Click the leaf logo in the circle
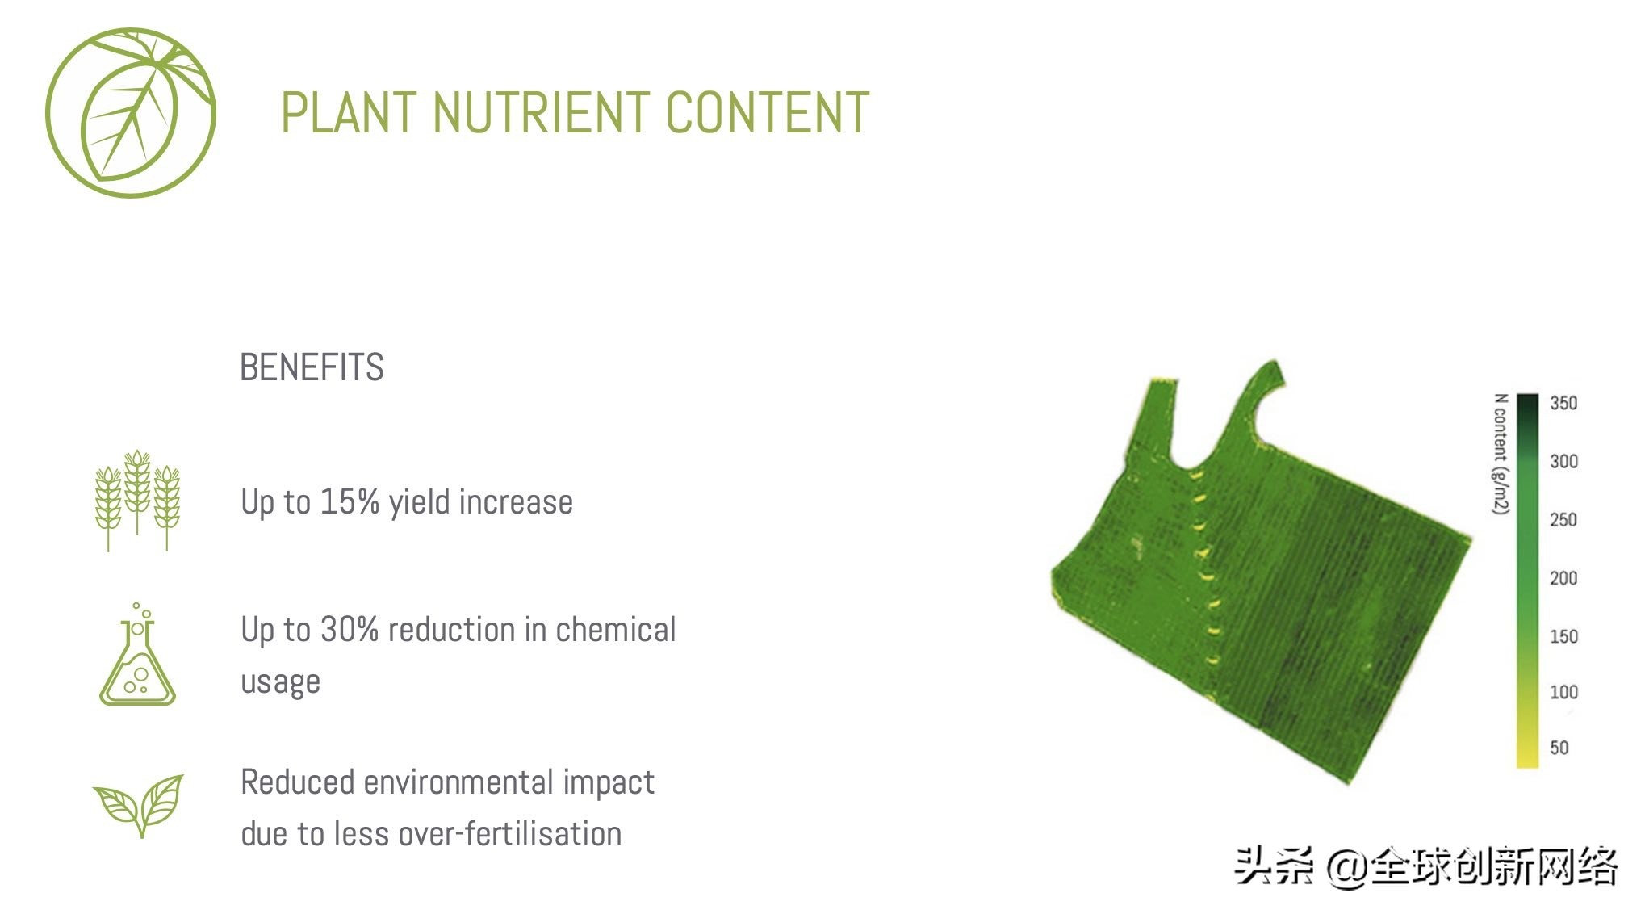131,113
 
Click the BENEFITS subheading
312,367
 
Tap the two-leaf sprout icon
138,805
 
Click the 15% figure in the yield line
350,501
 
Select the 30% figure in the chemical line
350,629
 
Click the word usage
280,683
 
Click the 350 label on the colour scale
1563,403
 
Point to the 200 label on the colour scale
1563,578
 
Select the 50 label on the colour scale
1559,748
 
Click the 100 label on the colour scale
1563,692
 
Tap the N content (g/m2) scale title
1501,454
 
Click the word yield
425,503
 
